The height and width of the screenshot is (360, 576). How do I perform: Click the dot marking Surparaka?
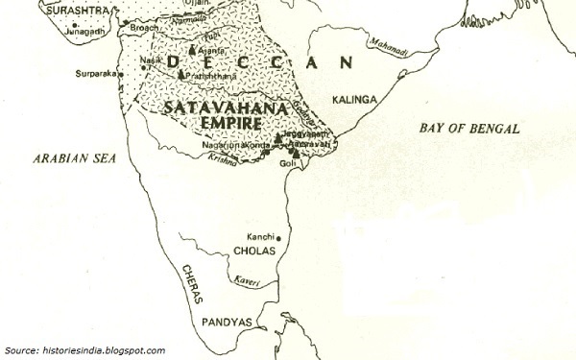[x=120, y=73]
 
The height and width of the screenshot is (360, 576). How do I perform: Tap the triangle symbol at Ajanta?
[x=194, y=48]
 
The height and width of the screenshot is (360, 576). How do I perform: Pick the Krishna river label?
[x=223, y=161]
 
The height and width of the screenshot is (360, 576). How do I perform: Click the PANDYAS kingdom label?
[x=226, y=324]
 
